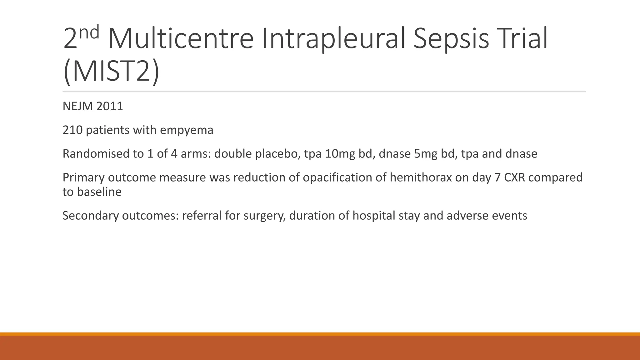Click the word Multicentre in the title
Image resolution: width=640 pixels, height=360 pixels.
pyautogui.click(x=180, y=39)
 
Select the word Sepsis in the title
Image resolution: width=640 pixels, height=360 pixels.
pyautogui.click(x=451, y=39)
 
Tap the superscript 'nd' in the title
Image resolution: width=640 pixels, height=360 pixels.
pyautogui.click(x=89, y=32)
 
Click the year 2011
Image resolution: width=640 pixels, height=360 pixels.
pyautogui.click(x=110, y=107)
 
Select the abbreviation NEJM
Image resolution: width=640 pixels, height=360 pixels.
pyautogui.click(x=77, y=107)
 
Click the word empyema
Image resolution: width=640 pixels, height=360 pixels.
pyautogui.click(x=187, y=130)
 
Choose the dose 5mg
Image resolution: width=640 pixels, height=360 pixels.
pyautogui.click(x=425, y=154)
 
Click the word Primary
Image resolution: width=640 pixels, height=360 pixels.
pyautogui.click(x=83, y=177)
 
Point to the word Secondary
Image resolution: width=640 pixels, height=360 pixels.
pyautogui.click(x=90, y=216)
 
